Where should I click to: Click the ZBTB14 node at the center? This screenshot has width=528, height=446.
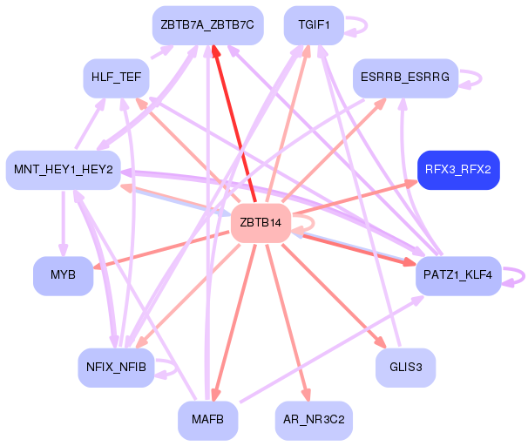(260, 224)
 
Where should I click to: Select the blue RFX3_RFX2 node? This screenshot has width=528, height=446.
(458, 169)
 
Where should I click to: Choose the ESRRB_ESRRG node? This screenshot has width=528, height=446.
(405, 78)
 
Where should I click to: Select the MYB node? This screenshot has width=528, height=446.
(63, 275)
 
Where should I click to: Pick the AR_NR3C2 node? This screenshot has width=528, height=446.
(313, 420)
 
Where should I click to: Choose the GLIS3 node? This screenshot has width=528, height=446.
(405, 367)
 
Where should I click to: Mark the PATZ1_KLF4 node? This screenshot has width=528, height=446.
(458, 275)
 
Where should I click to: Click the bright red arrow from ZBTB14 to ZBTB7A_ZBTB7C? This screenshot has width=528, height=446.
(233, 122)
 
